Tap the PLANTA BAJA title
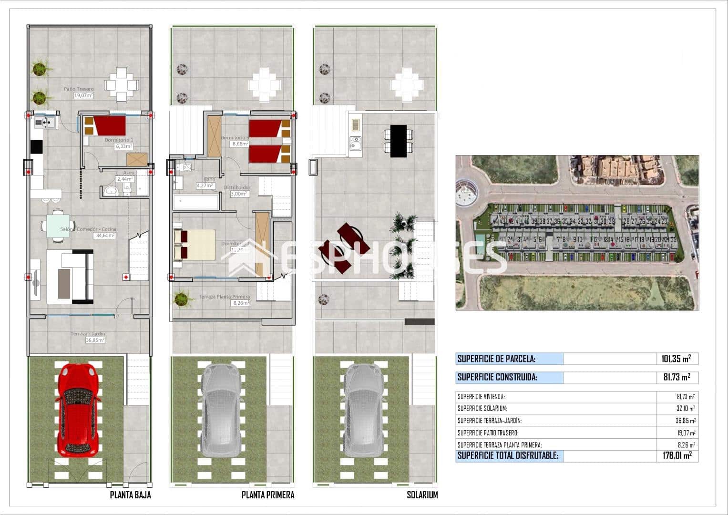point(130,495)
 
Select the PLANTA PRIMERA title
point(268,495)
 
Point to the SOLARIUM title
point(422,495)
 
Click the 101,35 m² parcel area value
point(677,359)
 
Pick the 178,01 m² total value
point(677,456)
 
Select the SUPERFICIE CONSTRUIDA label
point(497,378)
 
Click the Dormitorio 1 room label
point(119,143)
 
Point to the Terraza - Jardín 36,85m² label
point(88,337)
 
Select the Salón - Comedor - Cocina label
point(88,232)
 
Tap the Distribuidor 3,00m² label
point(237,191)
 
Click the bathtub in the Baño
point(196,202)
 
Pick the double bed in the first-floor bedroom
point(194,245)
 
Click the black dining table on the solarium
point(398,141)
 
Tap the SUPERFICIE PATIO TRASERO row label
point(488,433)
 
